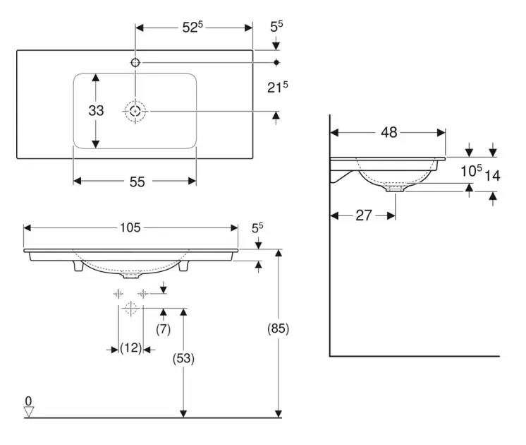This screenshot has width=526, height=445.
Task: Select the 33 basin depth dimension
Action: point(96,111)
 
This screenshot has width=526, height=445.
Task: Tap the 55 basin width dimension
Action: point(137,182)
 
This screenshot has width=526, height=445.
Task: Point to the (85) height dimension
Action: point(279,328)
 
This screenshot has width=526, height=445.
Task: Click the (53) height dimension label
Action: point(183,358)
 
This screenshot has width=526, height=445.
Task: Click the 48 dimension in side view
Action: point(389,132)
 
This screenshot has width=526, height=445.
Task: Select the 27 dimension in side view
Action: point(363,215)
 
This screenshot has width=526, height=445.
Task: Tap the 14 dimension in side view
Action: point(492,177)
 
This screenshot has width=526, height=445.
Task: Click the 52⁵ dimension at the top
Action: point(192,28)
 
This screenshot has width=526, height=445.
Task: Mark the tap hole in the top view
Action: point(135,63)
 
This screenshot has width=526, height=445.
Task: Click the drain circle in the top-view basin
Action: point(135,111)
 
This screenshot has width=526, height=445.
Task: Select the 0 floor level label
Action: point(28,401)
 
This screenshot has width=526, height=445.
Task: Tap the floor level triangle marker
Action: point(28,412)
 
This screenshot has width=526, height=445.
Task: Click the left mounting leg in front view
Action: point(77,268)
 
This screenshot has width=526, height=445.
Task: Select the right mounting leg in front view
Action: point(183,268)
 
